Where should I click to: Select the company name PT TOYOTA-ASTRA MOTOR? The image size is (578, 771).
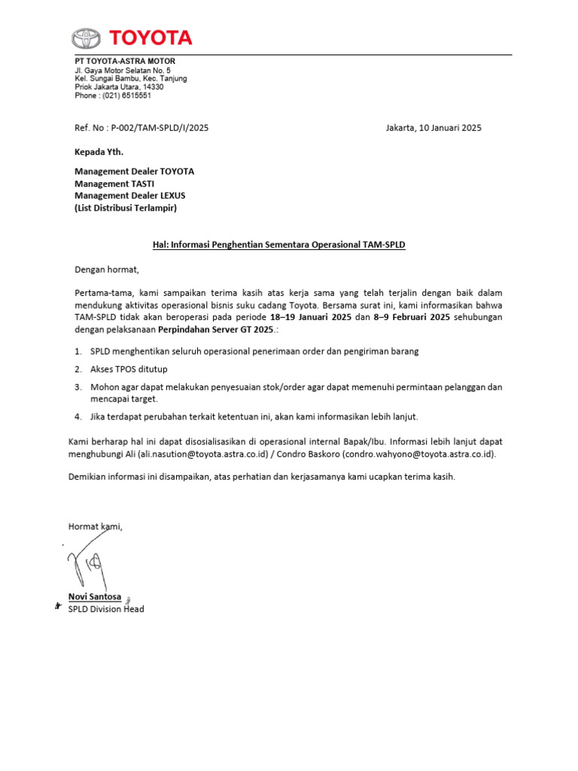tap(124, 61)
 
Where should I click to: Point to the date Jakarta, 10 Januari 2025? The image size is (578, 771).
tap(433, 128)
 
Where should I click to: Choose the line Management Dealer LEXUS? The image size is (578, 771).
tap(129, 196)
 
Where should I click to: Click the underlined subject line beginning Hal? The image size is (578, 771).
tap(274, 245)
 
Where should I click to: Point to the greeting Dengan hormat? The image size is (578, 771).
tap(107, 269)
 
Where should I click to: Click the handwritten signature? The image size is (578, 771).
tap(89, 563)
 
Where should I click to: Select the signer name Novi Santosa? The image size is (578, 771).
tap(94, 596)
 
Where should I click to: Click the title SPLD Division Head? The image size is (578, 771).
tap(106, 609)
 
